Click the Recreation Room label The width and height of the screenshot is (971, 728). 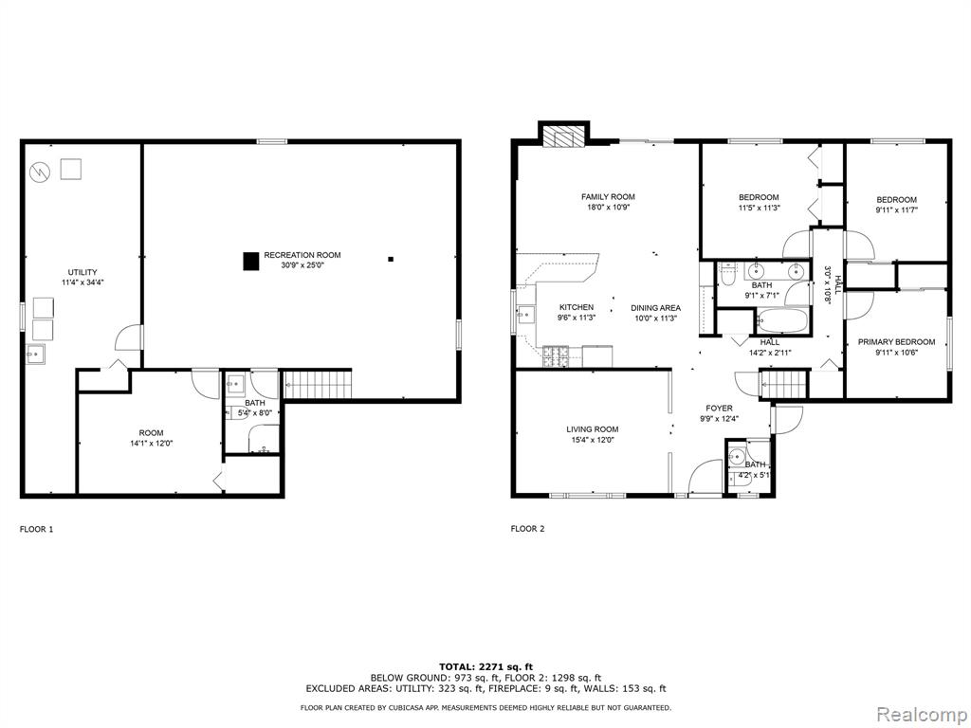(302, 255)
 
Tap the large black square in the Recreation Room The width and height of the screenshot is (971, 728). (250, 262)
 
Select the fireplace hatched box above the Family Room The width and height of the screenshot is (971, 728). (564, 137)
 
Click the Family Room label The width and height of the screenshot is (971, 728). (608, 197)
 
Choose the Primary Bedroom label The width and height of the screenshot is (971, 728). (896, 341)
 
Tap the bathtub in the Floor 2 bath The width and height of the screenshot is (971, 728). (781, 321)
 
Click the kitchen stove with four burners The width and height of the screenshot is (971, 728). (556, 355)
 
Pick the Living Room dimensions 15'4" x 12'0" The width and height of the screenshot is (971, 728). (593, 440)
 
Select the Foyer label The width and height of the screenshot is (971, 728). (719, 408)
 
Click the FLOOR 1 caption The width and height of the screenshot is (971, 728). (37, 529)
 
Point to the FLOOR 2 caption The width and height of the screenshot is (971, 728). (527, 529)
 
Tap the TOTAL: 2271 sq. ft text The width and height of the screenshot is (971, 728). (486, 666)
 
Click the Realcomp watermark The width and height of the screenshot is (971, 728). (922, 715)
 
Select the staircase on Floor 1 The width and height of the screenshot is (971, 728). (318, 385)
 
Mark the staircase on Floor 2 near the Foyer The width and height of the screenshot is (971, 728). (784, 384)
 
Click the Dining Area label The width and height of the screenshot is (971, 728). (656, 308)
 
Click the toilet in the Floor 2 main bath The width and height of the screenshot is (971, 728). (727, 274)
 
